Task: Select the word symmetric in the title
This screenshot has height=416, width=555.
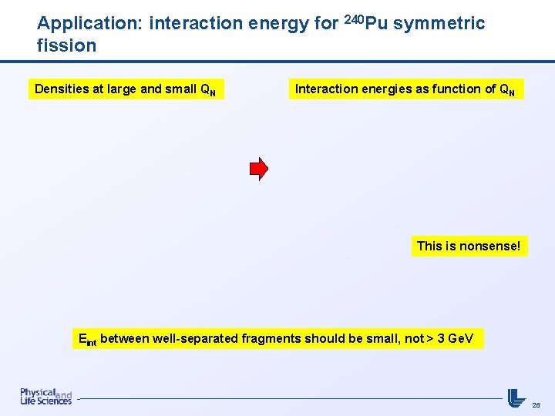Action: coord(439,24)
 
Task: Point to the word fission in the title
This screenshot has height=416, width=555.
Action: coord(66,45)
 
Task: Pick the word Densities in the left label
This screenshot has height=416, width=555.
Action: coord(62,89)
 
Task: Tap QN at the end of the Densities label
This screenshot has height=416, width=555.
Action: coord(208,89)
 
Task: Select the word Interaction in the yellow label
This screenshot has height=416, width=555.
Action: coord(326,89)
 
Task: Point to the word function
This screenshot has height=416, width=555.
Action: coord(456,89)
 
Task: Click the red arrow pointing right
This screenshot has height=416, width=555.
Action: coord(259,168)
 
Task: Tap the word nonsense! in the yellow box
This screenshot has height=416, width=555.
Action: coord(490,247)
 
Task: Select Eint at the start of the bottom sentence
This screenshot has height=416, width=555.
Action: coord(87,339)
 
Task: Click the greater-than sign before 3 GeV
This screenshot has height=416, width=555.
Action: coord(430,338)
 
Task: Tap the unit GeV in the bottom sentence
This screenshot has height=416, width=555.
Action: coord(461,338)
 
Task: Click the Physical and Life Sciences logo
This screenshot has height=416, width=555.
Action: coord(45,397)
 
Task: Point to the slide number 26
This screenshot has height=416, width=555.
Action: coord(536,404)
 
